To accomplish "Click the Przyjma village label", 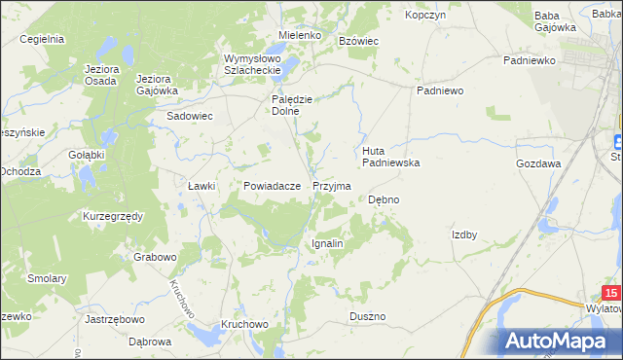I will (x=331, y=185).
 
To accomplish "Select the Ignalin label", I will (x=327, y=243).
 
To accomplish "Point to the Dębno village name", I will (x=384, y=199).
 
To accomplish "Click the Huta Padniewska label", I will (x=390, y=157).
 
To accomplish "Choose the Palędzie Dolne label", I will (x=290, y=104).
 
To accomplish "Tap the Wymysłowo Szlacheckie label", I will (x=252, y=63).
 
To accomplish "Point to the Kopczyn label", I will (x=425, y=16).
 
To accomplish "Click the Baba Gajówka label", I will (x=555, y=21).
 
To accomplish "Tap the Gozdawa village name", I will (x=538, y=163).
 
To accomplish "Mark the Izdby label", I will (x=463, y=234).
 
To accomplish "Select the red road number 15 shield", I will (x=610, y=293).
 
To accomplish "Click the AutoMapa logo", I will (x=560, y=341).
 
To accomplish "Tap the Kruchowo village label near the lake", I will (x=243, y=323).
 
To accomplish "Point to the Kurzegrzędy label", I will (x=113, y=215).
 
